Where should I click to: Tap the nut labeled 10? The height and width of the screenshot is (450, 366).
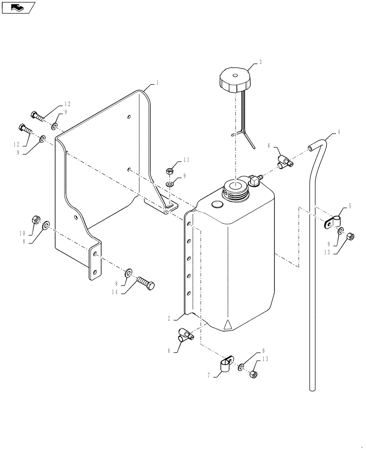pos(35,220)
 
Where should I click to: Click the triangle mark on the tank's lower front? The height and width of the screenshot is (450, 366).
pos(228,324)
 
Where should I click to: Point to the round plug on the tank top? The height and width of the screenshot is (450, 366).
pos(216,204)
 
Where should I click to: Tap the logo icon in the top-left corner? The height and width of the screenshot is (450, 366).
pos(18,7)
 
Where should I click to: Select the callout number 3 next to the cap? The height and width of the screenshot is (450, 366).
pos(261,62)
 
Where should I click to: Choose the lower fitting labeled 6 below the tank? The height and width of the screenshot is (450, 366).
pos(185,335)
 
